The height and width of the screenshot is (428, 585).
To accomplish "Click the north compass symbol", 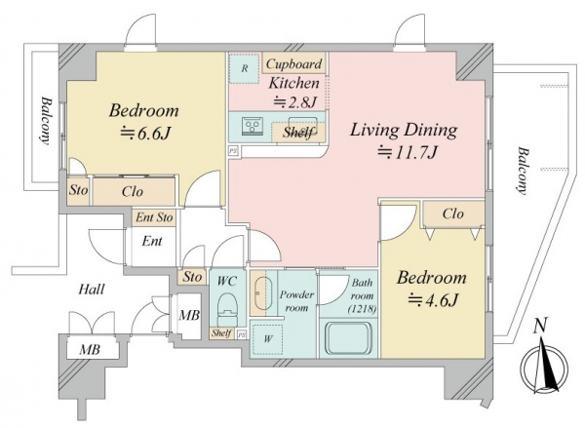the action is pyautogui.click(x=545, y=361).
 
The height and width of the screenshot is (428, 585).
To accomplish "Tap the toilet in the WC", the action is pyautogui.click(x=227, y=308).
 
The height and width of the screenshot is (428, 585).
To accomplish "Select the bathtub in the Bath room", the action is pyautogui.click(x=348, y=338).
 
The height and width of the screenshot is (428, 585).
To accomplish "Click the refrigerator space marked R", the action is pyautogui.click(x=244, y=68).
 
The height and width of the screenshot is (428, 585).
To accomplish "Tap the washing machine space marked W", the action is pyautogui.click(x=267, y=339).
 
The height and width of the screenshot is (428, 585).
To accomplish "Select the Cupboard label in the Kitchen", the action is pyautogui.click(x=293, y=63).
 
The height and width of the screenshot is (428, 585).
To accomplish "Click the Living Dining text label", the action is pyautogui.click(x=404, y=130).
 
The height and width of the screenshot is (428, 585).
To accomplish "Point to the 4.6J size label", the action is pyautogui.click(x=433, y=299).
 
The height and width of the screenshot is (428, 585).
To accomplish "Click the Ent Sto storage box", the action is pyautogui.click(x=154, y=217).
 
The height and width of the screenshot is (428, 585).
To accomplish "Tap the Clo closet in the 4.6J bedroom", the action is pyautogui.click(x=453, y=214).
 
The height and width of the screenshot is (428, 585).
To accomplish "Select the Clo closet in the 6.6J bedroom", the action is pyautogui.click(x=134, y=191).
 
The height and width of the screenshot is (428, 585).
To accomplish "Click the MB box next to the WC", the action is pyautogui.click(x=189, y=316).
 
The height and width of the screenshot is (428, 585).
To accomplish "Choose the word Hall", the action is pyautogui.click(x=92, y=289).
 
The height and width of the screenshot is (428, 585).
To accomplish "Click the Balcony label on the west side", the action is pyautogui.click(x=45, y=121).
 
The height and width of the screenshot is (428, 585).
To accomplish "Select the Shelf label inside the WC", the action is pyautogui.click(x=221, y=333).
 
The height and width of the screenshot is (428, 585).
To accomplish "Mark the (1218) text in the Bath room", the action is pyautogui.click(x=362, y=309).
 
